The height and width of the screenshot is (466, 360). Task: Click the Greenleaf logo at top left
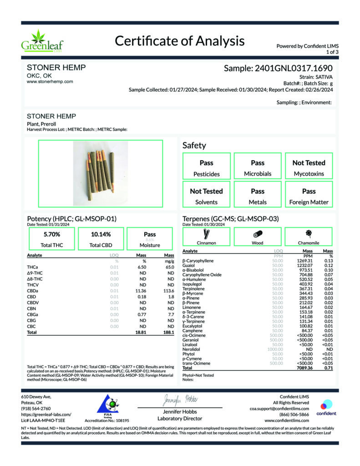[x=42, y=41]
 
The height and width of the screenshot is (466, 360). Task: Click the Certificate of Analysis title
[x=179, y=41]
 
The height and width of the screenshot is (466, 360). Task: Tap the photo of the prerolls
[x=100, y=173]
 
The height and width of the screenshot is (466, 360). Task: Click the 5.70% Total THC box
[x=51, y=239]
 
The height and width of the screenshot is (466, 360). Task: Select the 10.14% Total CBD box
[x=101, y=239]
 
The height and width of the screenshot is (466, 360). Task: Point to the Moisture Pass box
[x=150, y=239]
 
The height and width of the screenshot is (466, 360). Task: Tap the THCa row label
[x=32, y=267]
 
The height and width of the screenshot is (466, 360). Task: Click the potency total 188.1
[x=169, y=333]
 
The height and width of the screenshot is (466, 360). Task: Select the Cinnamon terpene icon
[x=206, y=234]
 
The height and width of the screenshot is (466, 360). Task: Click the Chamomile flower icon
[x=309, y=233]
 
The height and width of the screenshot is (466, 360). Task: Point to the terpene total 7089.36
[x=305, y=368]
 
